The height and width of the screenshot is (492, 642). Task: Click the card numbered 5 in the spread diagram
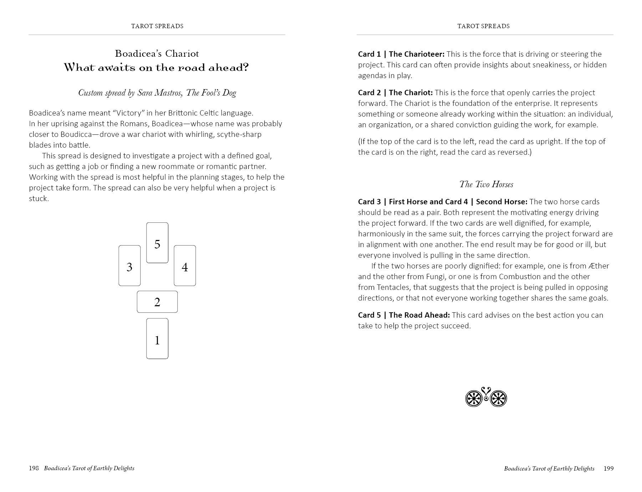click(157, 243)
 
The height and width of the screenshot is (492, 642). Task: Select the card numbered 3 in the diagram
click(129, 266)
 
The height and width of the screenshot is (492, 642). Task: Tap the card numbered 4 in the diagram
click(185, 266)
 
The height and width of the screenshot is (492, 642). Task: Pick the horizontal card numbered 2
click(157, 302)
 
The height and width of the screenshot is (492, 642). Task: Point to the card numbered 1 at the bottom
click(157, 339)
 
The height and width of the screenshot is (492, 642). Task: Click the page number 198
click(34, 468)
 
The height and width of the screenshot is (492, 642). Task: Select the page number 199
click(608, 468)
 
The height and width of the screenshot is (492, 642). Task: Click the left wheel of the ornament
click(474, 398)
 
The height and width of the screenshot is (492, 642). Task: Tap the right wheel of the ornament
click(498, 398)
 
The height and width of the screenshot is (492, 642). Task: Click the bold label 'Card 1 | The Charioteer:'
click(401, 54)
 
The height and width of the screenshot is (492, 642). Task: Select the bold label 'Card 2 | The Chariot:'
click(395, 93)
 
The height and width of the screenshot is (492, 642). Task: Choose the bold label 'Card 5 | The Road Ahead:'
click(404, 315)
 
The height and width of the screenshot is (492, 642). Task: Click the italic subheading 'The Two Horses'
click(486, 184)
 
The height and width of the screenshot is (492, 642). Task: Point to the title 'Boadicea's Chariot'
click(157, 53)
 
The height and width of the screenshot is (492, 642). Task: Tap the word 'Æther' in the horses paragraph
click(599, 266)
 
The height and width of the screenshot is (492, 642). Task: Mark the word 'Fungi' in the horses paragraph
click(436, 277)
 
